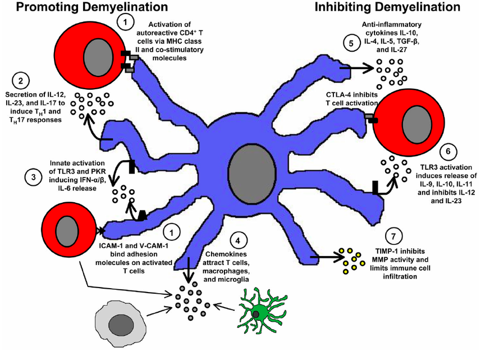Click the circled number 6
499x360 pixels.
[446, 152]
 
